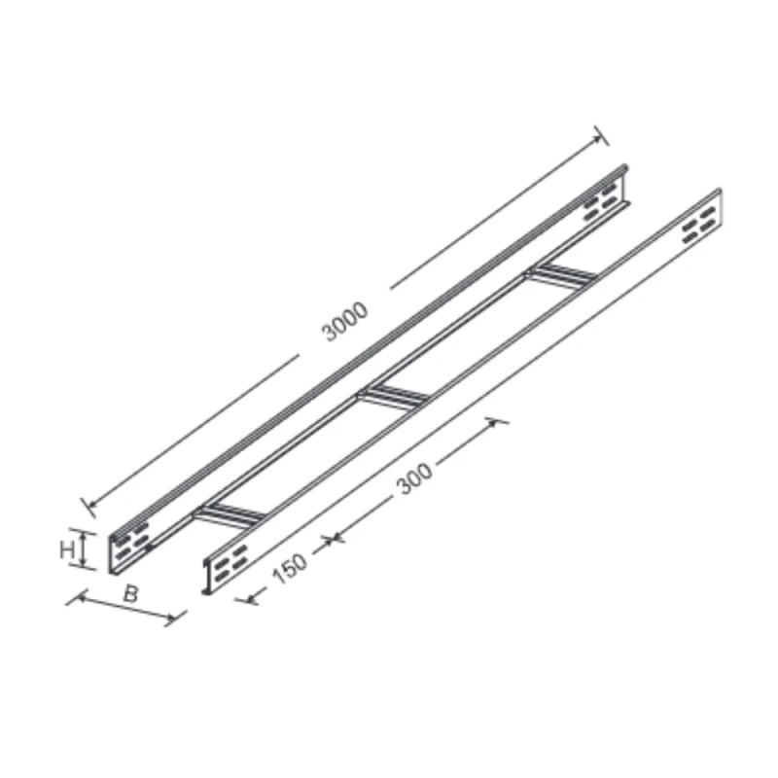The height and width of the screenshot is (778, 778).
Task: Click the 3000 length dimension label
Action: click(x=345, y=322)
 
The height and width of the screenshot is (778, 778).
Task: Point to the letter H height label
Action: click(x=67, y=549)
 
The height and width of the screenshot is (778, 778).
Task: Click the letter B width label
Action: click(x=129, y=594)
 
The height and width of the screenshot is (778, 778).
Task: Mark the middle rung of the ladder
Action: click(x=395, y=396)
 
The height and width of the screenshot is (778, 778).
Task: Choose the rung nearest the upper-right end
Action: click(x=560, y=276)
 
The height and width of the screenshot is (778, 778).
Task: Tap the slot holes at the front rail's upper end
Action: click(x=699, y=229)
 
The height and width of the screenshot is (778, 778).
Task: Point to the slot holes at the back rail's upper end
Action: click(x=600, y=203)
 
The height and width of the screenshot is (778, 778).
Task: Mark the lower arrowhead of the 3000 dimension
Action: click(x=88, y=505)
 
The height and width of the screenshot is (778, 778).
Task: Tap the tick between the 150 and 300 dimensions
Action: click(x=332, y=538)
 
